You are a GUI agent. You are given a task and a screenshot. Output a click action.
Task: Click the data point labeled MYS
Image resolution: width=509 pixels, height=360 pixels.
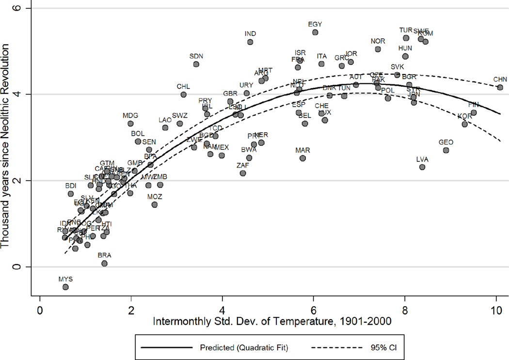click(x=65, y=287)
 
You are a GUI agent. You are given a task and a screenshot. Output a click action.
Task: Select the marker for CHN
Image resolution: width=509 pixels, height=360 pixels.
click(x=500, y=87)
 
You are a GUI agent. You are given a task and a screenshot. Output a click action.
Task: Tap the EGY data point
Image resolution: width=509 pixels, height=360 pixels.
click(x=315, y=32)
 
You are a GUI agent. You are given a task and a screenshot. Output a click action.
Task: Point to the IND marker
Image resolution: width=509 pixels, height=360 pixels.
click(x=250, y=42)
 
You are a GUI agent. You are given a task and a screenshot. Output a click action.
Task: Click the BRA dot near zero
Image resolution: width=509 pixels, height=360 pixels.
click(x=104, y=263)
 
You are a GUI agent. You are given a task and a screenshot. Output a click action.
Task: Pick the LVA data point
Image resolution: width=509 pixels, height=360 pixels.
click(x=422, y=167)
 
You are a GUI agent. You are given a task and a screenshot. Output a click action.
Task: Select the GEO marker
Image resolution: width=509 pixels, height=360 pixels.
click(x=446, y=150)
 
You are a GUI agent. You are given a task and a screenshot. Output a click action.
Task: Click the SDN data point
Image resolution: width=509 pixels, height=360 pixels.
click(x=196, y=64)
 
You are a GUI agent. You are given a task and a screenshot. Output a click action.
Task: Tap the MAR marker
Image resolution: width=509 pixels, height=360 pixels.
click(x=302, y=158)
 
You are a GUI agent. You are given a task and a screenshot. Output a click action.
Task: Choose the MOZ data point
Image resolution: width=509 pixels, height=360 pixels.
click(x=155, y=204)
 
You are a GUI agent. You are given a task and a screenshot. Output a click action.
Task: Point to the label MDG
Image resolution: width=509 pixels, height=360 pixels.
click(x=130, y=116)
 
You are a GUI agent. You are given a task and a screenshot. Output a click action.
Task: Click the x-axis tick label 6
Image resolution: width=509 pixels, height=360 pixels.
click(x=314, y=309)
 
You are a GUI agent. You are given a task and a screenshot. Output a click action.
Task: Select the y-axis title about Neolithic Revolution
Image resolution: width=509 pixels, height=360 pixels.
click(x=6, y=150)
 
